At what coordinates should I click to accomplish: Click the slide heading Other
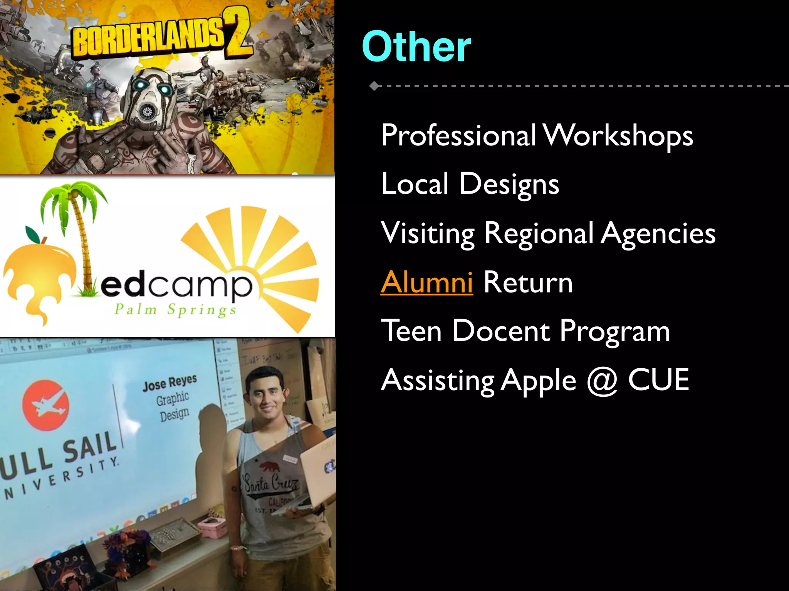tap(416, 47)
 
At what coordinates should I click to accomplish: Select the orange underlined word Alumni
tap(426, 282)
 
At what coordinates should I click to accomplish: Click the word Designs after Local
tap(509, 184)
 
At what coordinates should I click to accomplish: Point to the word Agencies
tap(658, 234)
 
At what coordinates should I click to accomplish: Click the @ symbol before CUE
tap(602, 381)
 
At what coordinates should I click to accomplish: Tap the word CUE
tap(658, 380)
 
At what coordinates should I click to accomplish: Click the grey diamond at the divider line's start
tap(374, 86)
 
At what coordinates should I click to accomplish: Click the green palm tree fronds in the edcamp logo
tap(73, 200)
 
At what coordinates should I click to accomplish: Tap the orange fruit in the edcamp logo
tap(39, 277)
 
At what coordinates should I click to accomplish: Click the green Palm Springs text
tap(175, 310)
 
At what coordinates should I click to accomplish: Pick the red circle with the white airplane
tap(45, 405)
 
